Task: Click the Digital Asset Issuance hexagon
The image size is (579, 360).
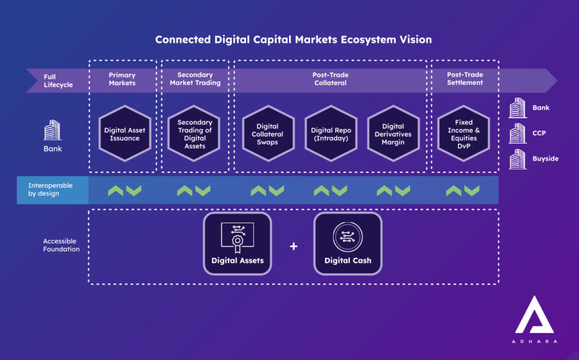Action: point(125,134)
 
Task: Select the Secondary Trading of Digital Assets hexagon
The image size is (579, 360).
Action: point(195,134)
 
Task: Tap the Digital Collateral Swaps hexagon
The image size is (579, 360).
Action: point(267,134)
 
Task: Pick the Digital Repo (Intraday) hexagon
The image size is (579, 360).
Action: point(330,134)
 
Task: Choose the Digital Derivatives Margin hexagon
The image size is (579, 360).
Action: point(393,134)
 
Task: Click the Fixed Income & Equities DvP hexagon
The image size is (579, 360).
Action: point(463,134)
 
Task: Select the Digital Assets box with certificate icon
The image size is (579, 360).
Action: point(237,243)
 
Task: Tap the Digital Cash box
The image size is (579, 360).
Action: point(347,243)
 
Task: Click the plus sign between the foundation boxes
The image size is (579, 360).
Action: point(294,246)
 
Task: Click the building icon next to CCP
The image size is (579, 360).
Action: point(518,133)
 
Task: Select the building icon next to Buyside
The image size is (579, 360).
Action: point(518,159)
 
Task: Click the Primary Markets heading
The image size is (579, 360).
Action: point(122,79)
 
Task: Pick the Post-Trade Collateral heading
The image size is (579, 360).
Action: point(330,79)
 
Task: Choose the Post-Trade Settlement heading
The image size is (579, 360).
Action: point(465,79)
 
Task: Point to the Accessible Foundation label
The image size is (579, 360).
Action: point(61,245)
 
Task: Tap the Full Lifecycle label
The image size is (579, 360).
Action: point(58,81)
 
